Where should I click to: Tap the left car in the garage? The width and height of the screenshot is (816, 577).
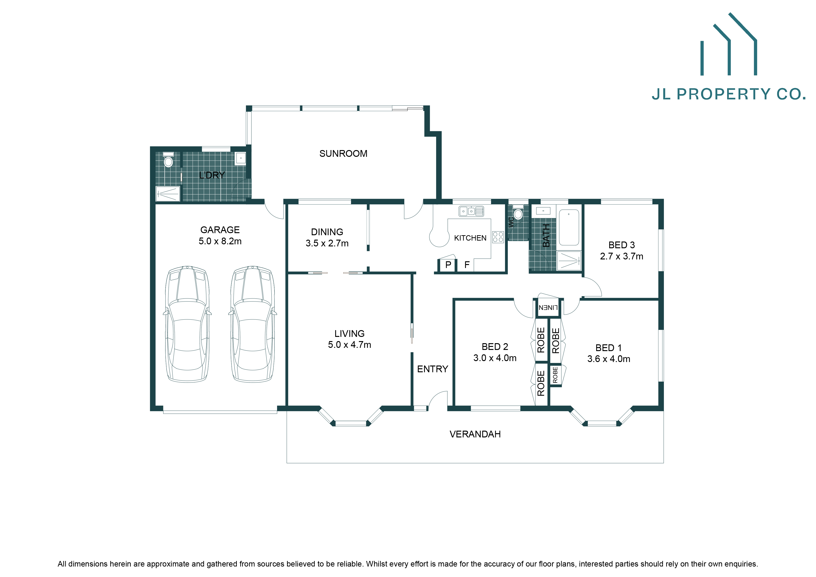pos(187,324)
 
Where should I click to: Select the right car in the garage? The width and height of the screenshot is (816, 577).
pos(253,324)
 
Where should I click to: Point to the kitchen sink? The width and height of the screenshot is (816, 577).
pos(471,211)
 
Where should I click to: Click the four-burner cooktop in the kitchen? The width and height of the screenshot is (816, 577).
pos(498,237)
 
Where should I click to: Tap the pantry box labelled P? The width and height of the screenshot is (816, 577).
pos(448,265)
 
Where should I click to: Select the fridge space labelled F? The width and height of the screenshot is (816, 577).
pos(467,265)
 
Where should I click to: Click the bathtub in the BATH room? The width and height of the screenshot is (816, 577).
pos(569,228)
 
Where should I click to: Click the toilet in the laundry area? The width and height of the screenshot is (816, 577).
pos(168,161)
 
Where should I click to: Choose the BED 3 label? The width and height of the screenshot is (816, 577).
pos(621,245)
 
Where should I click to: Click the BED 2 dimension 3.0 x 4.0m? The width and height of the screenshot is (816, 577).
pos(495,358)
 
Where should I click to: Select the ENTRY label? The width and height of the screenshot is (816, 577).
pos(432,369)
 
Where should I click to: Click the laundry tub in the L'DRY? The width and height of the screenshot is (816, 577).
pos(241,158)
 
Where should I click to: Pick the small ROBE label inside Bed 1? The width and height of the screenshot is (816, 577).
pos(555,375)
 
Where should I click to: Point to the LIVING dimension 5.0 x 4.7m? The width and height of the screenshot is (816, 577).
pos(349,345)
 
